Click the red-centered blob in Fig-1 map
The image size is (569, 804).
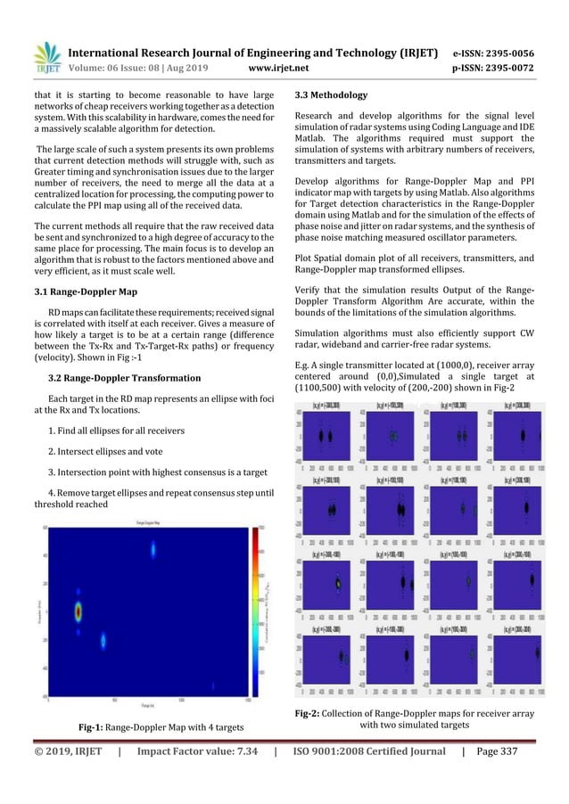(78, 611)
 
